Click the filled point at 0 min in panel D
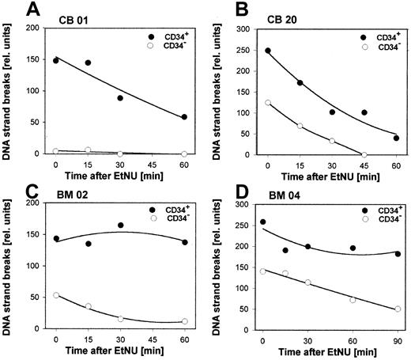pyautogui.click(x=262, y=222)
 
